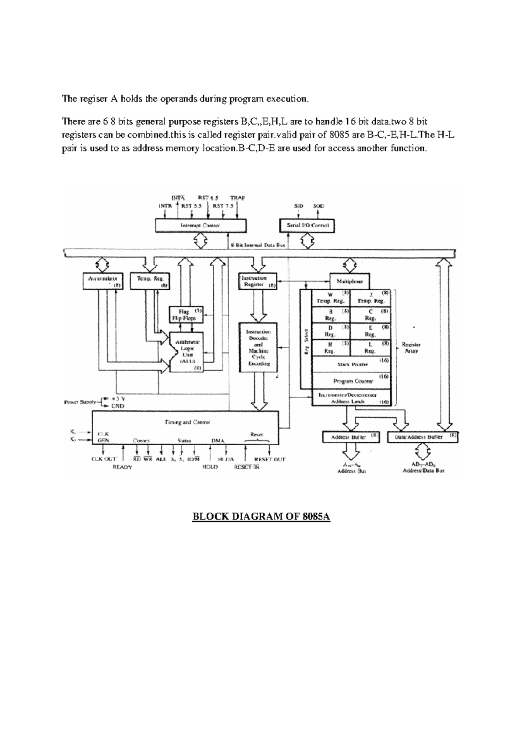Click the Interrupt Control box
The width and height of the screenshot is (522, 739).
[x=201, y=225]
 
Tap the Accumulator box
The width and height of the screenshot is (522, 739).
[x=103, y=281]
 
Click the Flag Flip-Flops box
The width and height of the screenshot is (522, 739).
[x=186, y=315]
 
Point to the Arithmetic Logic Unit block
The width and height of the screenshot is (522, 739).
[x=187, y=352]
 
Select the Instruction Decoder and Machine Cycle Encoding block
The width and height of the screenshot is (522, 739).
[x=258, y=347]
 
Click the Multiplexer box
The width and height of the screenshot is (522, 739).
[x=350, y=281]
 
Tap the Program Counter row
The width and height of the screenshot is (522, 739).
[x=353, y=381]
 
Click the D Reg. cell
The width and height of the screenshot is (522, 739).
[x=331, y=331]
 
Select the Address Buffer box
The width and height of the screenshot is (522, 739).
[x=351, y=437]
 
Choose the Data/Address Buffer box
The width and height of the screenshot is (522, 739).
[x=422, y=437]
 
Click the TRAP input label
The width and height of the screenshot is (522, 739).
[x=238, y=198]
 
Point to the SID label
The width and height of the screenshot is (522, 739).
[x=298, y=206]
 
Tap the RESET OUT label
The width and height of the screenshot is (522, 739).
[x=269, y=459]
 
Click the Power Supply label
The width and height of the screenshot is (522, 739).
[x=80, y=402]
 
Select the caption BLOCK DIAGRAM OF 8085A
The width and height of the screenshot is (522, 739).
[x=261, y=517]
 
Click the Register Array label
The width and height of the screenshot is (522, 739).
[x=411, y=347]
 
